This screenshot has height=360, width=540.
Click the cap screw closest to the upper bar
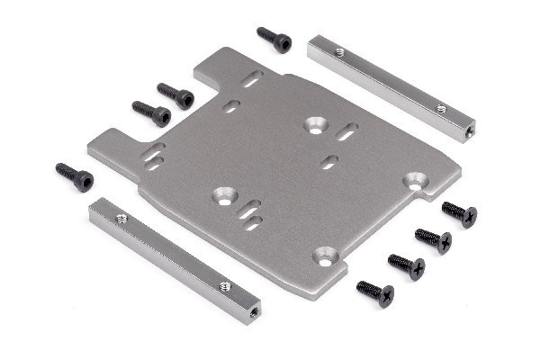(274, 39)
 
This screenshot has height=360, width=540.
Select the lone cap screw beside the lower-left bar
(75, 176)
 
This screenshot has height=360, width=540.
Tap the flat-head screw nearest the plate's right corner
(459, 213)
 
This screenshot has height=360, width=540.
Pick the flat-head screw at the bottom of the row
(375, 292)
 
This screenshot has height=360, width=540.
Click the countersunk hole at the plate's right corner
(415, 180)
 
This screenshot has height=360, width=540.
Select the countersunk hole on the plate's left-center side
(221, 193)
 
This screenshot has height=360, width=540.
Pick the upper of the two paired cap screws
(176, 95)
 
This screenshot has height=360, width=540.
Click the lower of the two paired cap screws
(151, 112)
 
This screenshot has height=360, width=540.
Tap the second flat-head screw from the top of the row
(433, 239)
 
